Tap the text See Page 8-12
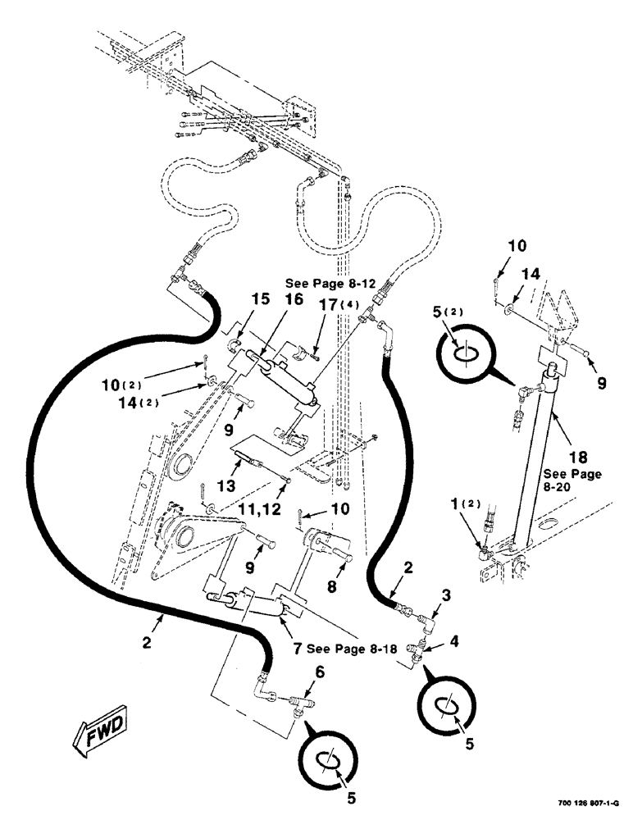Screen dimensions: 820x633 point(331,283)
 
